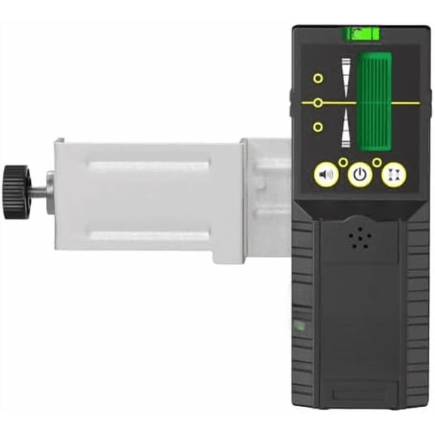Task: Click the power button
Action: pos(360,174)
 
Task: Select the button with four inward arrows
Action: pos(393,174)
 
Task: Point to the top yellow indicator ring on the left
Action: pos(318,78)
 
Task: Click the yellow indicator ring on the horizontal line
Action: pos(319,102)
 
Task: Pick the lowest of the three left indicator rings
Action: pos(318,127)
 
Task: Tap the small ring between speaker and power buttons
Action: pos(343,162)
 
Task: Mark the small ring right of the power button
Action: pos(377,162)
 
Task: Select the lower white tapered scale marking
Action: pos(346,128)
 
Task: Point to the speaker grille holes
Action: pos(359,238)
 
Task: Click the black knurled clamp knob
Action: pos(16,192)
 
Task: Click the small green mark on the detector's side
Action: pos(299,326)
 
